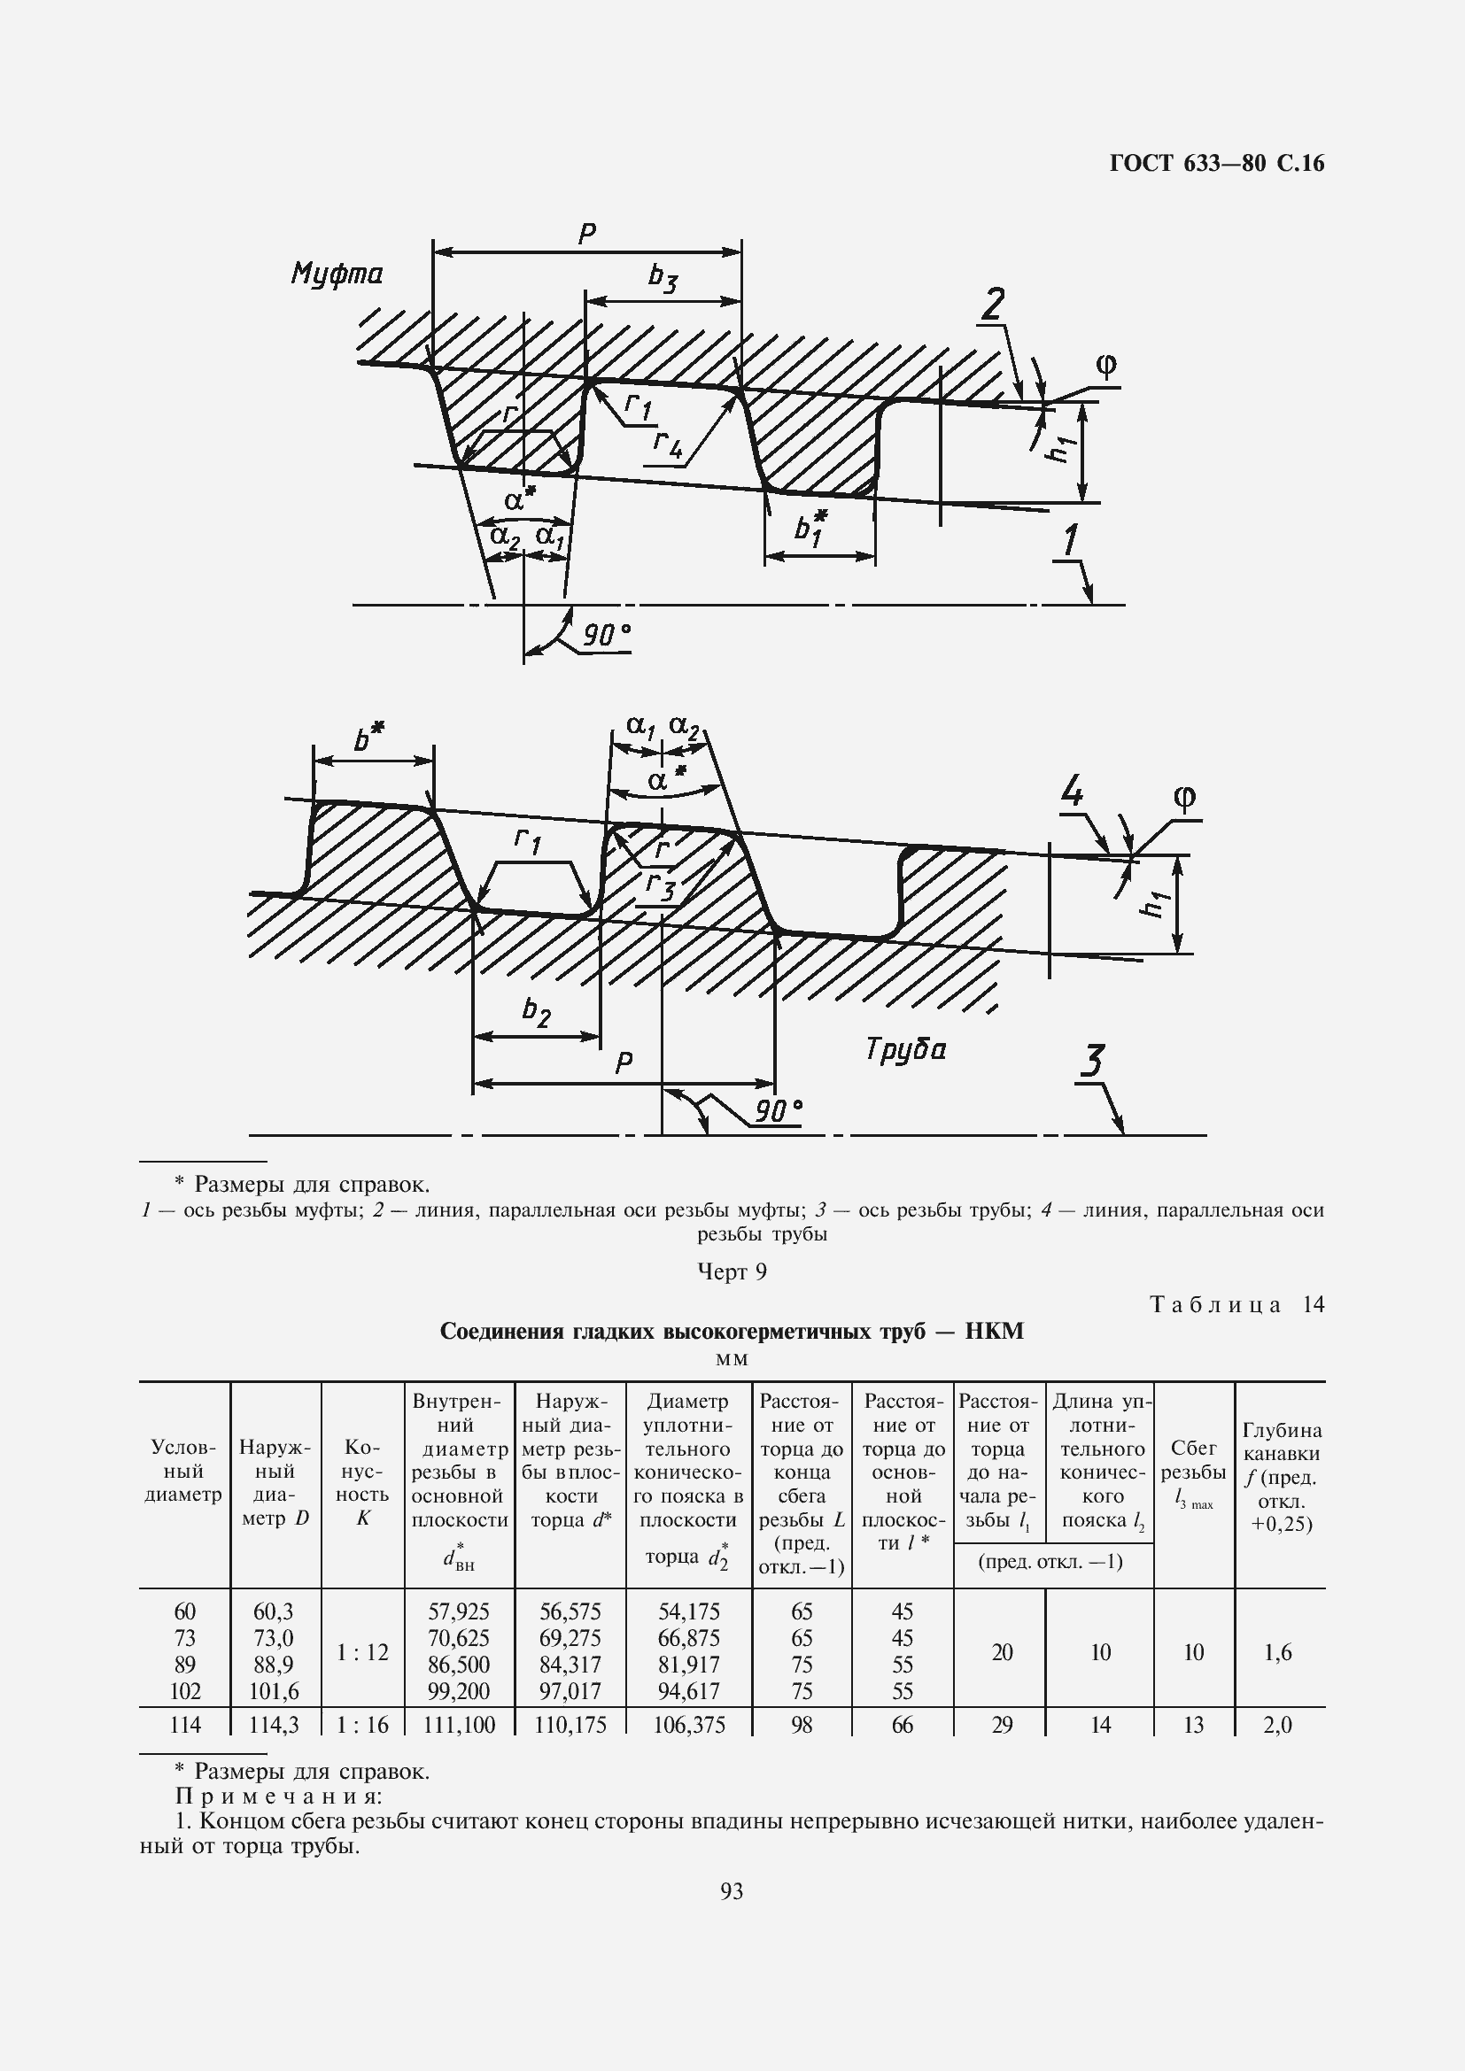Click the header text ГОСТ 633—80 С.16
tap(1216, 163)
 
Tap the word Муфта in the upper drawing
tap(337, 274)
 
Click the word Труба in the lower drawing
tap(906, 1050)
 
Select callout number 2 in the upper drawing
tap(993, 305)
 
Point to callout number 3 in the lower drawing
tap(1092, 1063)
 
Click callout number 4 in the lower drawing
tap(1071, 792)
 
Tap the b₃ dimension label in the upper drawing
tap(663, 278)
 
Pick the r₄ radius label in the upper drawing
tap(668, 442)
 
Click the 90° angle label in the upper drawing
tap(605, 636)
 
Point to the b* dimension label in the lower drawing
tap(368, 738)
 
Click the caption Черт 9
tap(732, 1271)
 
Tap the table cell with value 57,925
tap(459, 1611)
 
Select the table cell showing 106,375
tap(689, 1725)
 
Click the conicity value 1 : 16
tap(362, 1725)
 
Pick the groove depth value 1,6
tap(1278, 1651)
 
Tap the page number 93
tap(732, 1890)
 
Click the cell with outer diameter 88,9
tap(275, 1665)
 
